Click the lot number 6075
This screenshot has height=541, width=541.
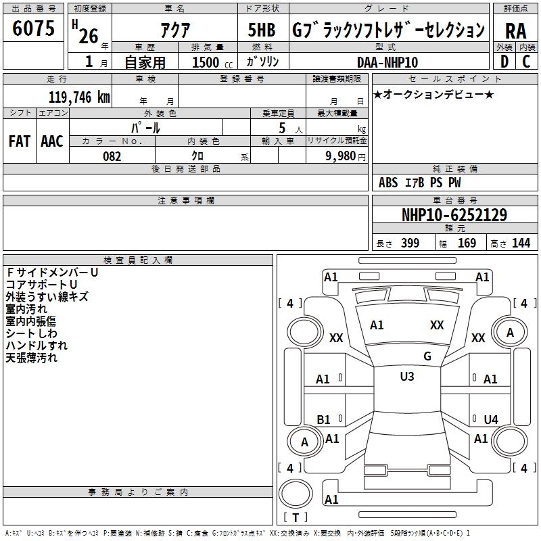[33, 28]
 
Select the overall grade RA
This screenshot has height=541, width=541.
[515, 31]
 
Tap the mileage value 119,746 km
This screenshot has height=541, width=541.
[79, 97]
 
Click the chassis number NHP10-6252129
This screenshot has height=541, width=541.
[454, 215]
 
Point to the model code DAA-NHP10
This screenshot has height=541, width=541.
[387, 62]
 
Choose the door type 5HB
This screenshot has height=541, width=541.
[262, 30]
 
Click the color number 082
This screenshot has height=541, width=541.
[112, 156]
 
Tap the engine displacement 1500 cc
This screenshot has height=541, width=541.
[212, 62]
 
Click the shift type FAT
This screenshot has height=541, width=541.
[20, 141]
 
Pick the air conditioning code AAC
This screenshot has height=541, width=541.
[52, 141]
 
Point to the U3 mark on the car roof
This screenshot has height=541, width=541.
[407, 376]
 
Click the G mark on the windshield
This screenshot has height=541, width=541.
[427, 356]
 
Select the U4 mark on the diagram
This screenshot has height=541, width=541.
[491, 419]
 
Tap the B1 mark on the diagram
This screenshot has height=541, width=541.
[323, 419]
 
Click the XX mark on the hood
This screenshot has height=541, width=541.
[437, 325]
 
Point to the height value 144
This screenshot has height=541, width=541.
[521, 243]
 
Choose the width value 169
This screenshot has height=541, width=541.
[467, 243]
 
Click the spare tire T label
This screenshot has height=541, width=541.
[296, 517]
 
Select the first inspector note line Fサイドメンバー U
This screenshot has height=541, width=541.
[53, 273]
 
